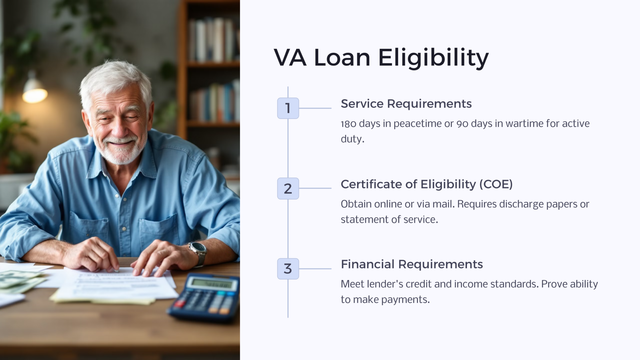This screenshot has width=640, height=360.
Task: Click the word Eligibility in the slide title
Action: (433, 58)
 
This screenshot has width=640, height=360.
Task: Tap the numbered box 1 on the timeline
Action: (288, 108)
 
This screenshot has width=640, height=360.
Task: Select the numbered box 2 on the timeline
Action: (288, 188)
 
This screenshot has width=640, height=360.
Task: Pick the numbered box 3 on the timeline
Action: (288, 269)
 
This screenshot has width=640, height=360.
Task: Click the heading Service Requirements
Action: (406, 104)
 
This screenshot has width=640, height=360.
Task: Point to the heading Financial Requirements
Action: (412, 264)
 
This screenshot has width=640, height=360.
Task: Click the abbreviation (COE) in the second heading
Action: (496, 184)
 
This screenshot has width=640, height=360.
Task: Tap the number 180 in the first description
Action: (348, 124)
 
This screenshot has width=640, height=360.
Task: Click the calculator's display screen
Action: (212, 284)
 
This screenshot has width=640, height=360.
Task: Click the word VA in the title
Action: (290, 58)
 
